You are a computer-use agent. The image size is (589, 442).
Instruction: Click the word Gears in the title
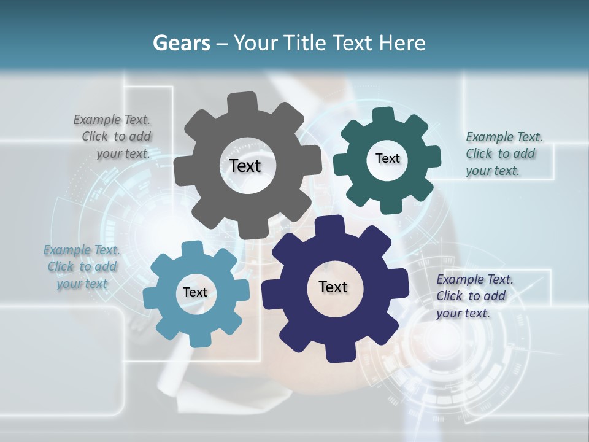pos(181,43)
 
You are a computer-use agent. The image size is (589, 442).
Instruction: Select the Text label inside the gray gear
pos(245,166)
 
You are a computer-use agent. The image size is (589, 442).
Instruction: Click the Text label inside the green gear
pos(387,158)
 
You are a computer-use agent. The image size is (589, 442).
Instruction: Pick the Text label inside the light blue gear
pos(195,292)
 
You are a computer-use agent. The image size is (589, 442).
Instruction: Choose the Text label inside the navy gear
pos(333,287)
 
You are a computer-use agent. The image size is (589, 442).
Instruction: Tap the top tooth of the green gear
pos(383,117)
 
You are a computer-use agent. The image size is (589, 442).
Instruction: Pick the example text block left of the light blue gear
pos(82,266)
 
